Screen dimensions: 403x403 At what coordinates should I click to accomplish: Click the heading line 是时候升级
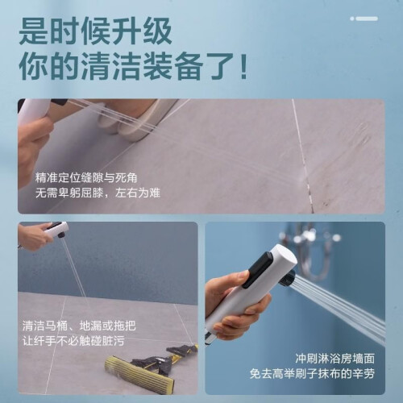coord(95,31)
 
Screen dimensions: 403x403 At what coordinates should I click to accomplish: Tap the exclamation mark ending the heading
coord(244,66)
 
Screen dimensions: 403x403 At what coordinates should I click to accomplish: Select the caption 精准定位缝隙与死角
coord(86,178)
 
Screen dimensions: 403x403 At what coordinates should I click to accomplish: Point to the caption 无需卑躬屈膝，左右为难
coord(98,193)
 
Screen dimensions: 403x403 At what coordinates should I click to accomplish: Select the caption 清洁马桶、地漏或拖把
coord(79,326)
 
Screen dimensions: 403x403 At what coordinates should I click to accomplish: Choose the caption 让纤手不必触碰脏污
coord(73,341)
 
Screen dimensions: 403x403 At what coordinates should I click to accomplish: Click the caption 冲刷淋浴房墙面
coord(335,359)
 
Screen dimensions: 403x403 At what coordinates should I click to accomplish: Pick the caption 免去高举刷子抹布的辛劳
coord(312,373)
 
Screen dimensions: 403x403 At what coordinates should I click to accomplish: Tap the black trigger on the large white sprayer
coord(259,270)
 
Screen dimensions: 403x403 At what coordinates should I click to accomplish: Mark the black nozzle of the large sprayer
coord(289,279)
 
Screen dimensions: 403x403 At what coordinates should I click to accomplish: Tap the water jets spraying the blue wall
coord(340,309)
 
